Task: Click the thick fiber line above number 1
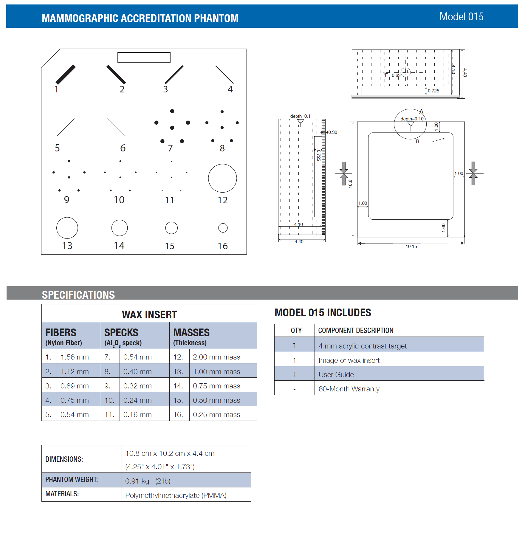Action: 66,75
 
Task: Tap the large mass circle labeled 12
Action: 222,178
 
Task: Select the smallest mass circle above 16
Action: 223,228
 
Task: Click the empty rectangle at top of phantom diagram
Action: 144,57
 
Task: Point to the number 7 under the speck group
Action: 170,148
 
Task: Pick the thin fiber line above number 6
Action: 116,127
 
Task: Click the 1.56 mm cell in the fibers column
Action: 75,357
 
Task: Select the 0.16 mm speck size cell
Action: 137,415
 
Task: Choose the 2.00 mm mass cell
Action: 216,357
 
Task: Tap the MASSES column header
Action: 191,333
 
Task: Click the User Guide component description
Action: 336,375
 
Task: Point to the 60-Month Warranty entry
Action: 349,389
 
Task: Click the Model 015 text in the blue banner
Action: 461,17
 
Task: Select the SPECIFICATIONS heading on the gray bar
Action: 78,295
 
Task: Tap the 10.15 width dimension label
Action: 411,247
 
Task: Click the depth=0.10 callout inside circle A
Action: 412,119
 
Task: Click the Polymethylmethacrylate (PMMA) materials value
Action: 176,495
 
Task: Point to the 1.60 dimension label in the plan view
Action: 444,228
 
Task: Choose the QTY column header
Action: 296,331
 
